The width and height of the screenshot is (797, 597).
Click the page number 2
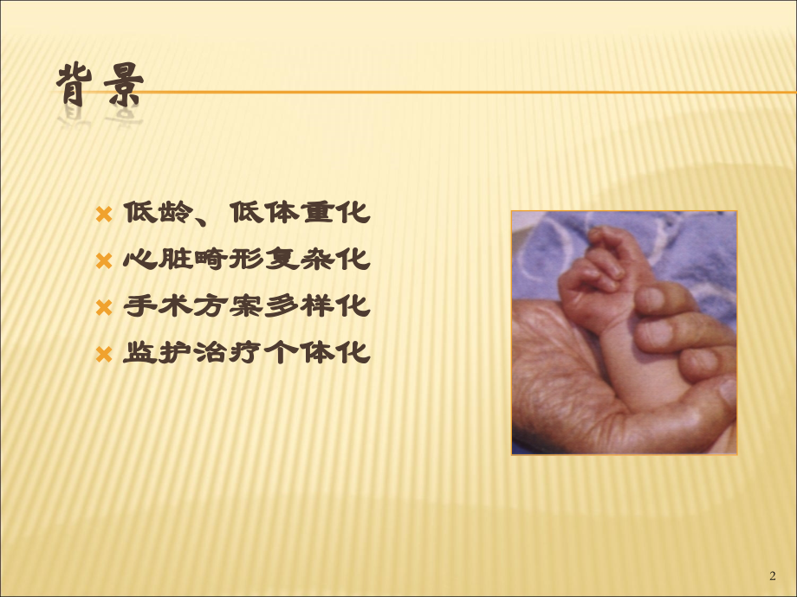click(x=773, y=576)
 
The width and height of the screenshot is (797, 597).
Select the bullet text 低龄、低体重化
click(x=247, y=213)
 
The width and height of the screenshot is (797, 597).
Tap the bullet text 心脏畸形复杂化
click(x=247, y=260)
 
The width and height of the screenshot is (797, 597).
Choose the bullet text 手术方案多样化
click(x=247, y=306)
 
